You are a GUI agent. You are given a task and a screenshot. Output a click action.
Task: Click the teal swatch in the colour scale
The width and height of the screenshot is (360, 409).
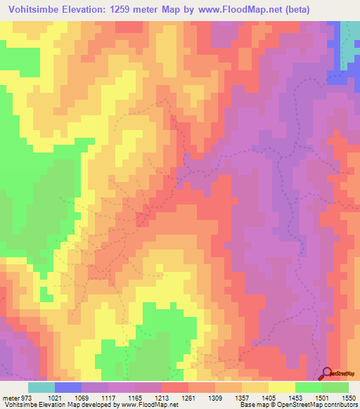point(41,387)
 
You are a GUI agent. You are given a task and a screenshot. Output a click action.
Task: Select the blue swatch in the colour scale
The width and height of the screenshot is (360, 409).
point(67,387)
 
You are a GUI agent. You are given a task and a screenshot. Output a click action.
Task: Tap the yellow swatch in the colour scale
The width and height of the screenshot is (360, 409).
point(281,387)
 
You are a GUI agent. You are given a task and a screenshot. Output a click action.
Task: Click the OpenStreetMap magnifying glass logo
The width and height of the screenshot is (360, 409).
point(326,373)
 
